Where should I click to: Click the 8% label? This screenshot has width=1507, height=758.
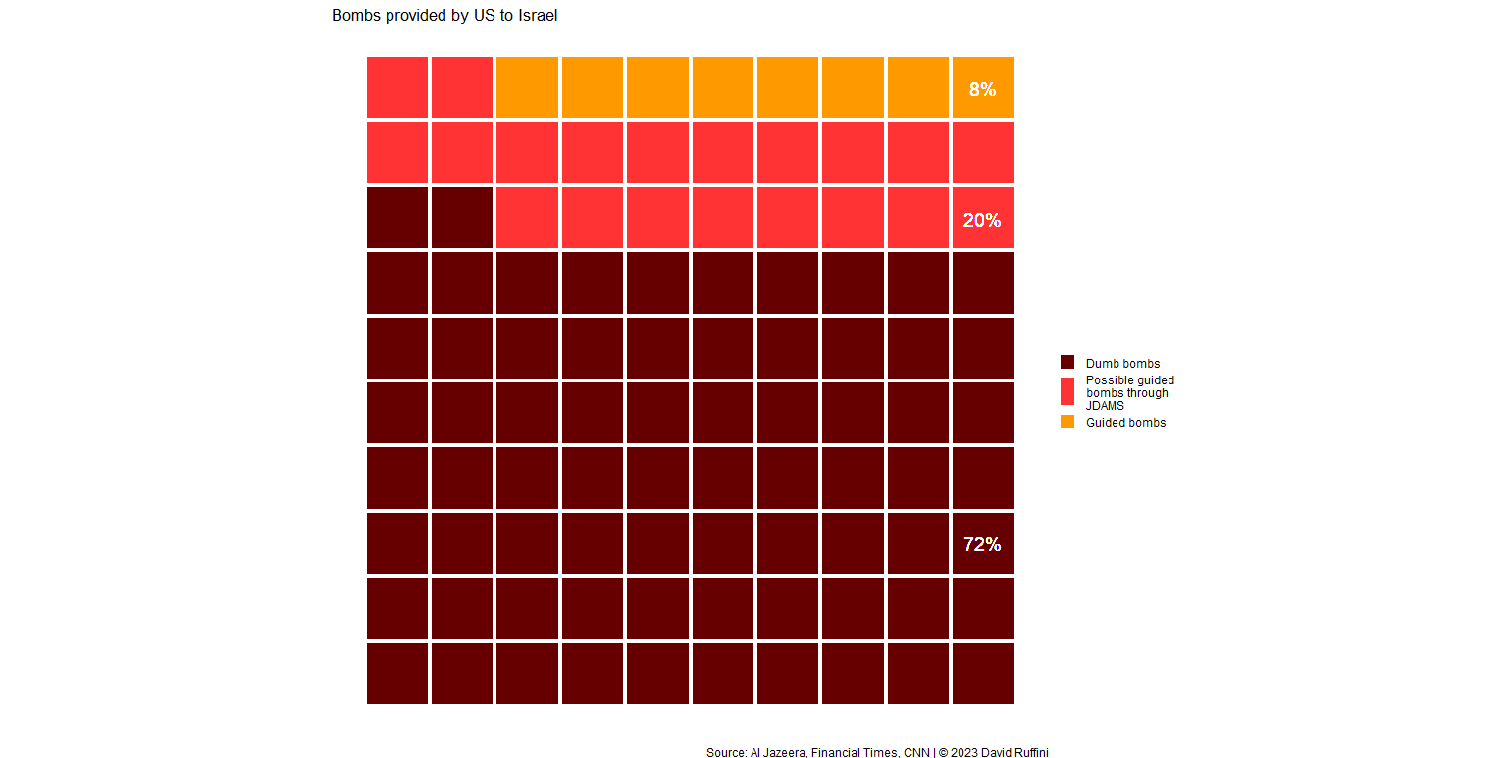(982, 89)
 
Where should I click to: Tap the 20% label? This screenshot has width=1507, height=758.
(982, 220)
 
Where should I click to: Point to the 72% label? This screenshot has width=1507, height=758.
(982, 544)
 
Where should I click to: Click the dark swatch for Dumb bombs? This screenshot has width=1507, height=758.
(1067, 363)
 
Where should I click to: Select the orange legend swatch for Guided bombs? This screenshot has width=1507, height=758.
(1067, 422)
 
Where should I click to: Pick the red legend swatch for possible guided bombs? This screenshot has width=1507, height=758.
(1067, 391)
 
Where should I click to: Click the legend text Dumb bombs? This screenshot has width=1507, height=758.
(1122, 364)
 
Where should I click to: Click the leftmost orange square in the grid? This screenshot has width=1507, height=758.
(528, 87)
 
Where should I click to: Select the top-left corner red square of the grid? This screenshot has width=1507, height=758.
(397, 87)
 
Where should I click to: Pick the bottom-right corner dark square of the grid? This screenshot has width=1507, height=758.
(983, 674)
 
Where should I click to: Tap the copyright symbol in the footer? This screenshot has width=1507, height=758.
(943, 753)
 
